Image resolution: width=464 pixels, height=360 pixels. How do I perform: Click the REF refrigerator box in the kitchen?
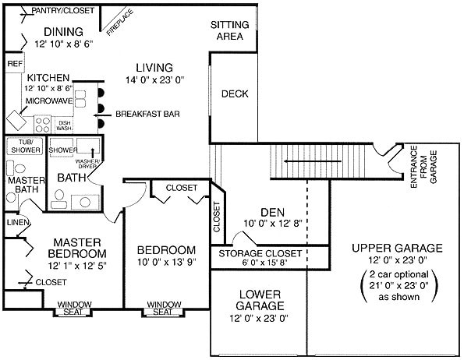click(15, 62)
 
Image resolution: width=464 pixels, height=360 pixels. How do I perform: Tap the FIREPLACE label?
click(120, 23)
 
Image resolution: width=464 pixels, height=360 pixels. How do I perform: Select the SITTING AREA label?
click(230, 30)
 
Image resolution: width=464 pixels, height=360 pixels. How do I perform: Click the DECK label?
click(235, 94)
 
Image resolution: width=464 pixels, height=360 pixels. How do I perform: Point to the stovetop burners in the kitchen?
click(43, 124)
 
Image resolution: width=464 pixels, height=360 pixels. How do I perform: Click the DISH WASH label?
click(64, 125)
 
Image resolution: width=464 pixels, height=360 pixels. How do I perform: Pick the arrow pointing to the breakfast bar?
click(103, 115)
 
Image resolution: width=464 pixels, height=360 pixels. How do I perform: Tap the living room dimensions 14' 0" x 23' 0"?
click(154, 80)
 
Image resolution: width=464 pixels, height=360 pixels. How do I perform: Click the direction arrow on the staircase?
click(313, 161)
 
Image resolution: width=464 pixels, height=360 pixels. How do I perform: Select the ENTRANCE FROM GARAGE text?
click(423, 167)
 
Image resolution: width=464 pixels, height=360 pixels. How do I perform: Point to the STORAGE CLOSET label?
click(260, 253)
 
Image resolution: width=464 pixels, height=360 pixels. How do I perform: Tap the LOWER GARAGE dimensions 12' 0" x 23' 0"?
click(259, 319)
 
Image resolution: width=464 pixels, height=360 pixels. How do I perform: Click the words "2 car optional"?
click(399, 274)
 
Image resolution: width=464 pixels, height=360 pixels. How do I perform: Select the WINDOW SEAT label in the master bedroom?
click(74, 308)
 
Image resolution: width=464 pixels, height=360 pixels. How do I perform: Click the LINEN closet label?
click(17, 223)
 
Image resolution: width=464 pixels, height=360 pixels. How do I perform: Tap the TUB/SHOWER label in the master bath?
click(26, 146)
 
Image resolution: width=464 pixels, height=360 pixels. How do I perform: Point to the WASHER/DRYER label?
click(87, 164)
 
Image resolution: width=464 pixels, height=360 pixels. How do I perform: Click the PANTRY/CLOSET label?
click(62, 11)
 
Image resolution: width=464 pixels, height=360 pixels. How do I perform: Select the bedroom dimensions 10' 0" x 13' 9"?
click(167, 262)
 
